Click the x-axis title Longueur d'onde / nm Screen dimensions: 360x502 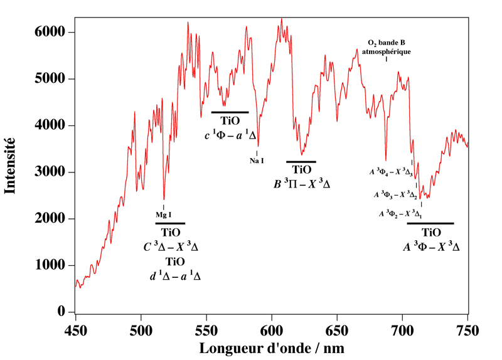(x=271, y=346)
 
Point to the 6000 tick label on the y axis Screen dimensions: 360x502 (x=53, y=33)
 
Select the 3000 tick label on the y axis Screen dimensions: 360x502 (x=53, y=172)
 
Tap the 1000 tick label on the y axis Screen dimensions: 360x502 (x=53, y=266)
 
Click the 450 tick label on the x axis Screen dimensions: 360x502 (x=75, y=327)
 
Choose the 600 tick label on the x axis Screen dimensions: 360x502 (x=271, y=327)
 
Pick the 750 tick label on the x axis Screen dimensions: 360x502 (x=467, y=327)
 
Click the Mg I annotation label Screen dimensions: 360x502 (x=164, y=215)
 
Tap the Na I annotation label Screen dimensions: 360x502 (x=257, y=161)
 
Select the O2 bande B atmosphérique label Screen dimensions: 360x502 (x=387, y=48)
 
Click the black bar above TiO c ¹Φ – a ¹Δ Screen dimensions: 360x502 (x=226, y=112)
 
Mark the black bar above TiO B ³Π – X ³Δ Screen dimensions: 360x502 (x=301, y=162)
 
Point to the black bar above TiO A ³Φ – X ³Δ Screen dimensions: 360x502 (x=430, y=223)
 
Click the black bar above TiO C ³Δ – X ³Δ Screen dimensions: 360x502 (x=170, y=223)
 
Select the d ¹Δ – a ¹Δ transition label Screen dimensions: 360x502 (x=176, y=275)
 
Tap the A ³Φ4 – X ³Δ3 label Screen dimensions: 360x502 (x=390, y=171)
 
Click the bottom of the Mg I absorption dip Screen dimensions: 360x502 (x=164, y=199)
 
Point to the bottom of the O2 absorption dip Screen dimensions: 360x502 (x=386, y=161)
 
